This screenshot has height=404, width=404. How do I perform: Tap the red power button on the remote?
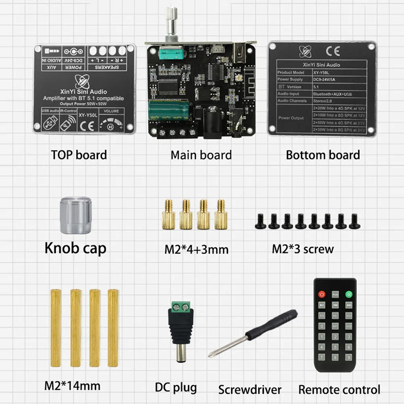[x=322, y=294]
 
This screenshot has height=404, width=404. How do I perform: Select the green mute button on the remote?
[x=348, y=294]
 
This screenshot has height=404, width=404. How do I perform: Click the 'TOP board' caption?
[x=79, y=155]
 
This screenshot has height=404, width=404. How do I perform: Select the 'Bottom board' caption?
[x=323, y=155]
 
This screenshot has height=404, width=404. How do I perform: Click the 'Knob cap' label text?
[x=75, y=248]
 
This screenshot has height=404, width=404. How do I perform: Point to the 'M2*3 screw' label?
[x=303, y=249]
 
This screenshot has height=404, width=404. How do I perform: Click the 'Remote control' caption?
[x=339, y=389]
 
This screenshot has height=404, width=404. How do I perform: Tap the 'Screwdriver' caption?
[x=250, y=390]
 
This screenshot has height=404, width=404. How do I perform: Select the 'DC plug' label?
[x=176, y=387]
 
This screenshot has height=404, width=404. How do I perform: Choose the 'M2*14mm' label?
[x=72, y=385]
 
